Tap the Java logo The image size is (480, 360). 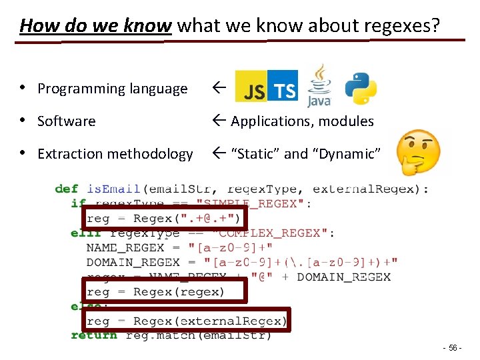pos(319,86)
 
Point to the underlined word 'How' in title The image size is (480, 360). pos(39,26)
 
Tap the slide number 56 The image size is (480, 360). pos(453,349)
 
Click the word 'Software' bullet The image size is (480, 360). pos(66,121)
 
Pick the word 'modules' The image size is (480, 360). pos(346,121)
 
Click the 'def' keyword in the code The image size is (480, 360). pos(67,189)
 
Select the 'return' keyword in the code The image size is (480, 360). pos(93,335)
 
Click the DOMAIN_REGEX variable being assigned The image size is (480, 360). pos(133,262)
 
